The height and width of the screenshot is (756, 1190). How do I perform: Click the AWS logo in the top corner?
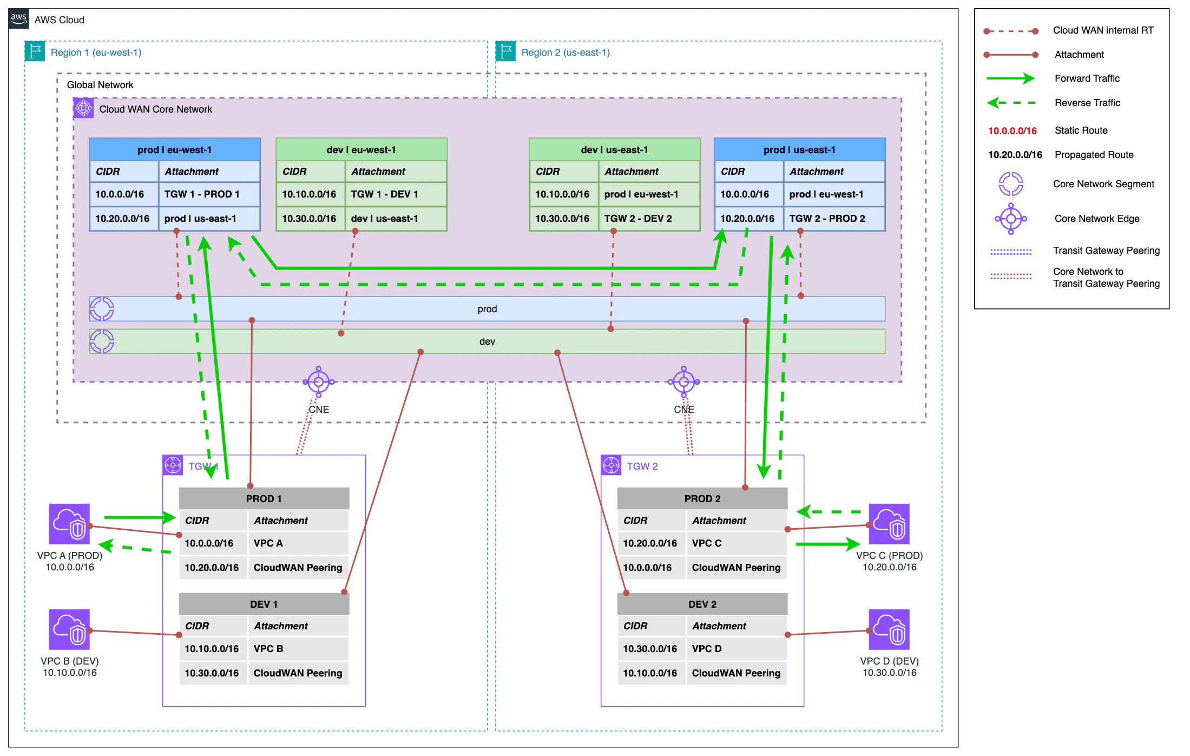(18, 18)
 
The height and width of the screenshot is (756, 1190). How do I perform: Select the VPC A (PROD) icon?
(69, 524)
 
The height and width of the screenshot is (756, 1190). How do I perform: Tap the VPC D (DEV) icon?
(889, 629)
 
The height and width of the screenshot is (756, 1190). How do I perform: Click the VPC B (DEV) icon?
(69, 629)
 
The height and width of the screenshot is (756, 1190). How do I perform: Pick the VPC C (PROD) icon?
(889, 524)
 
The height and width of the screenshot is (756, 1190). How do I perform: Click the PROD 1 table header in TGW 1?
(264, 498)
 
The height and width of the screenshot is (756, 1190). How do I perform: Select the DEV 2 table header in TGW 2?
(702, 604)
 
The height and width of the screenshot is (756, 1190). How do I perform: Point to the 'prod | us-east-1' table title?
(799, 150)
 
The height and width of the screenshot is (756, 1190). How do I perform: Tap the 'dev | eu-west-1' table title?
(361, 150)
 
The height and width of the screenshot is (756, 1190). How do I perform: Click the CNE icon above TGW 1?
(319, 382)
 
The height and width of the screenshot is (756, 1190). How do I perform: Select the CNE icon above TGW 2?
(683, 382)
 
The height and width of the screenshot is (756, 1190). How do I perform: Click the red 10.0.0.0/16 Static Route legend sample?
(1012, 130)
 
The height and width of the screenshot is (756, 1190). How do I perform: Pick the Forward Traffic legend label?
(1087, 78)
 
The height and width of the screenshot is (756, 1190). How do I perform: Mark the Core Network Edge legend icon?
(1010, 219)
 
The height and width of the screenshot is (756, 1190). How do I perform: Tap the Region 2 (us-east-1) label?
(565, 52)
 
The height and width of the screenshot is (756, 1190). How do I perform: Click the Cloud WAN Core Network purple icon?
(84, 108)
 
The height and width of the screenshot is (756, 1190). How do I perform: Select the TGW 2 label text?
(642, 466)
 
